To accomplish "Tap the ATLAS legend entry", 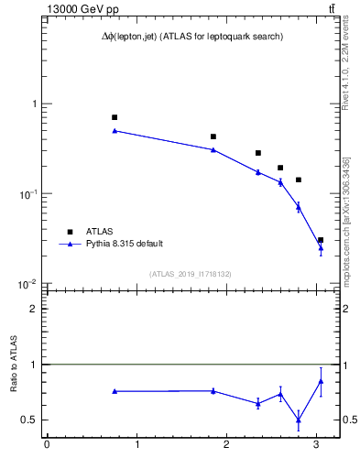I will point(100,232).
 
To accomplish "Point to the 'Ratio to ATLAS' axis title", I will point(12,364).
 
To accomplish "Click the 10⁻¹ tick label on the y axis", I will point(27,194).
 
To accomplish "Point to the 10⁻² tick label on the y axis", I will point(27,284).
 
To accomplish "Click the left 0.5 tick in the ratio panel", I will point(30,420).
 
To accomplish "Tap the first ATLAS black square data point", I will point(115,117).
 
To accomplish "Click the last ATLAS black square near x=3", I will point(321,240).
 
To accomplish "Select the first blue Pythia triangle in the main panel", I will point(115,131).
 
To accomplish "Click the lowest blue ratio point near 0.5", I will point(299,420).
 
